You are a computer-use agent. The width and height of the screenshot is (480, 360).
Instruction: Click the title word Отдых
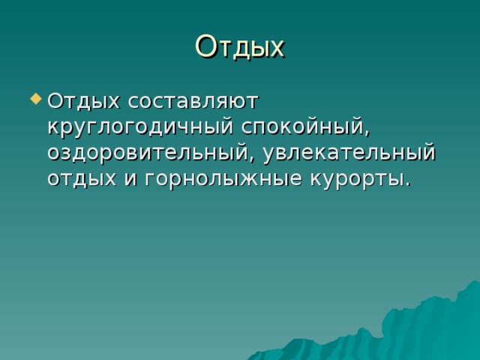[240, 47]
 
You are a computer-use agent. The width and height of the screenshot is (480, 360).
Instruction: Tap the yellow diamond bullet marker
[36, 99]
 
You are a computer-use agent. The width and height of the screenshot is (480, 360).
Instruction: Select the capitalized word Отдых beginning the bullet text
[83, 101]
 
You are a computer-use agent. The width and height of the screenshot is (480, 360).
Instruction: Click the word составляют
[193, 102]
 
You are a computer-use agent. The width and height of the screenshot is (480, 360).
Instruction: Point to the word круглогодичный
[140, 127]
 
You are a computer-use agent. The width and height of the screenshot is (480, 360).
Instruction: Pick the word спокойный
[303, 127]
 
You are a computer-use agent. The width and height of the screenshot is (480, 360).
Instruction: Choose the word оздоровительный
[147, 152]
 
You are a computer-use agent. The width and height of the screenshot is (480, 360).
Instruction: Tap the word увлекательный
[349, 152]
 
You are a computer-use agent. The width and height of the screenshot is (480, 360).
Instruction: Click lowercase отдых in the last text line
[82, 178]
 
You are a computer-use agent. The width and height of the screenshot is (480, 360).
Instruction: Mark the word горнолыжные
[223, 179]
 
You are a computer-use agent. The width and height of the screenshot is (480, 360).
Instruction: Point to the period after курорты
[406, 184]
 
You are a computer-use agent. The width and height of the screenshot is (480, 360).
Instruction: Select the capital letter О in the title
[205, 46]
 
